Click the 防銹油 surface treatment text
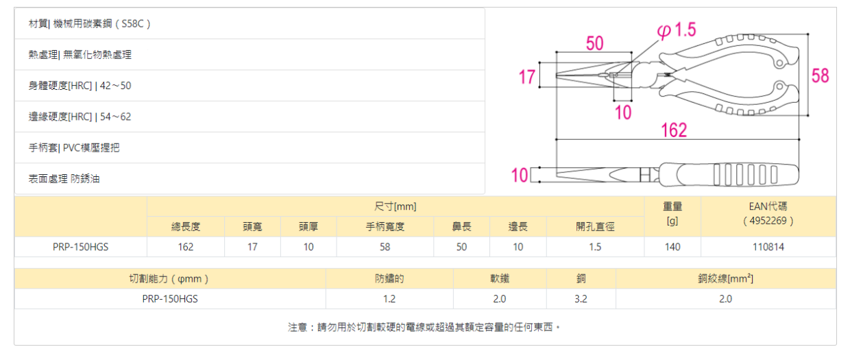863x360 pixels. coord(89,179)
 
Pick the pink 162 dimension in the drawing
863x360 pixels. coord(674,130)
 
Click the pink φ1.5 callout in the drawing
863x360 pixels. coord(677,30)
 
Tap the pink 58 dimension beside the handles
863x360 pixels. coord(820,75)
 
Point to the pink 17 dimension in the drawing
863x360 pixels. coord(526,77)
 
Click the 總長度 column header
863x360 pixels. coord(185,227)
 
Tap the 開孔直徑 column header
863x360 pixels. coord(594,227)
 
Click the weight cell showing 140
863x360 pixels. coord(672,247)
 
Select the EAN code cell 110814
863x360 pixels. coord(768,247)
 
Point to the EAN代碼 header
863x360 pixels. coord(768,206)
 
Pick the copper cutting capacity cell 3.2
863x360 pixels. coord(581,299)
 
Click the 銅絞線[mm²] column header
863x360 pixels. coord(725,279)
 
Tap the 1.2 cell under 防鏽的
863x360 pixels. coord(389,299)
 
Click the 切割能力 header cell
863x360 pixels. coord(169,279)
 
